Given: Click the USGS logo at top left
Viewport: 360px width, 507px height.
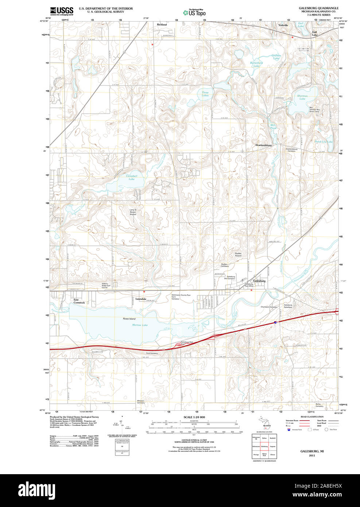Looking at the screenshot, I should [x=62, y=11].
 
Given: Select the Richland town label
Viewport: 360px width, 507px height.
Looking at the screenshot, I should [x=162, y=24].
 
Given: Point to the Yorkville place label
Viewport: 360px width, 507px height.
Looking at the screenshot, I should [x=283, y=25].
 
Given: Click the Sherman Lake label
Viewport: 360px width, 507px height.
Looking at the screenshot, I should [x=302, y=97].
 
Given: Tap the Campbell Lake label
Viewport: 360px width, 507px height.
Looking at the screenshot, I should [x=131, y=178].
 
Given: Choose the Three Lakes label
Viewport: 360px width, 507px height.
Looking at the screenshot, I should [x=205, y=94].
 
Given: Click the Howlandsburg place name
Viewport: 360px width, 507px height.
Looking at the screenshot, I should [x=263, y=145].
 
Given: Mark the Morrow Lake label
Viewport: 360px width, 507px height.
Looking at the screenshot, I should [x=140, y=325].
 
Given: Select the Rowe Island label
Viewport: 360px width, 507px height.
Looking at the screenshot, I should [x=129, y=319].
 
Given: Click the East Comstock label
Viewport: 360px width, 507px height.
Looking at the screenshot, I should [x=79, y=301].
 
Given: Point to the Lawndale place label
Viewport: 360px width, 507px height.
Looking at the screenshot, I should [x=141, y=299].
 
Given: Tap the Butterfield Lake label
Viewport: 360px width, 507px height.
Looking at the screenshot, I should [x=256, y=64].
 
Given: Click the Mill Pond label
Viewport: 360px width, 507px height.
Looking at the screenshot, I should [x=273, y=127].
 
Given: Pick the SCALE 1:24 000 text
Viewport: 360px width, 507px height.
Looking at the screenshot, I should [x=194, y=417].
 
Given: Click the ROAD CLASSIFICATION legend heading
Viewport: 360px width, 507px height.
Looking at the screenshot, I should [x=312, y=417].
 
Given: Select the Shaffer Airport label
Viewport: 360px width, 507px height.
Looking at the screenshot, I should [x=238, y=254].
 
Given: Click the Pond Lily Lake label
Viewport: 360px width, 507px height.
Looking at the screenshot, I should [x=324, y=142].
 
